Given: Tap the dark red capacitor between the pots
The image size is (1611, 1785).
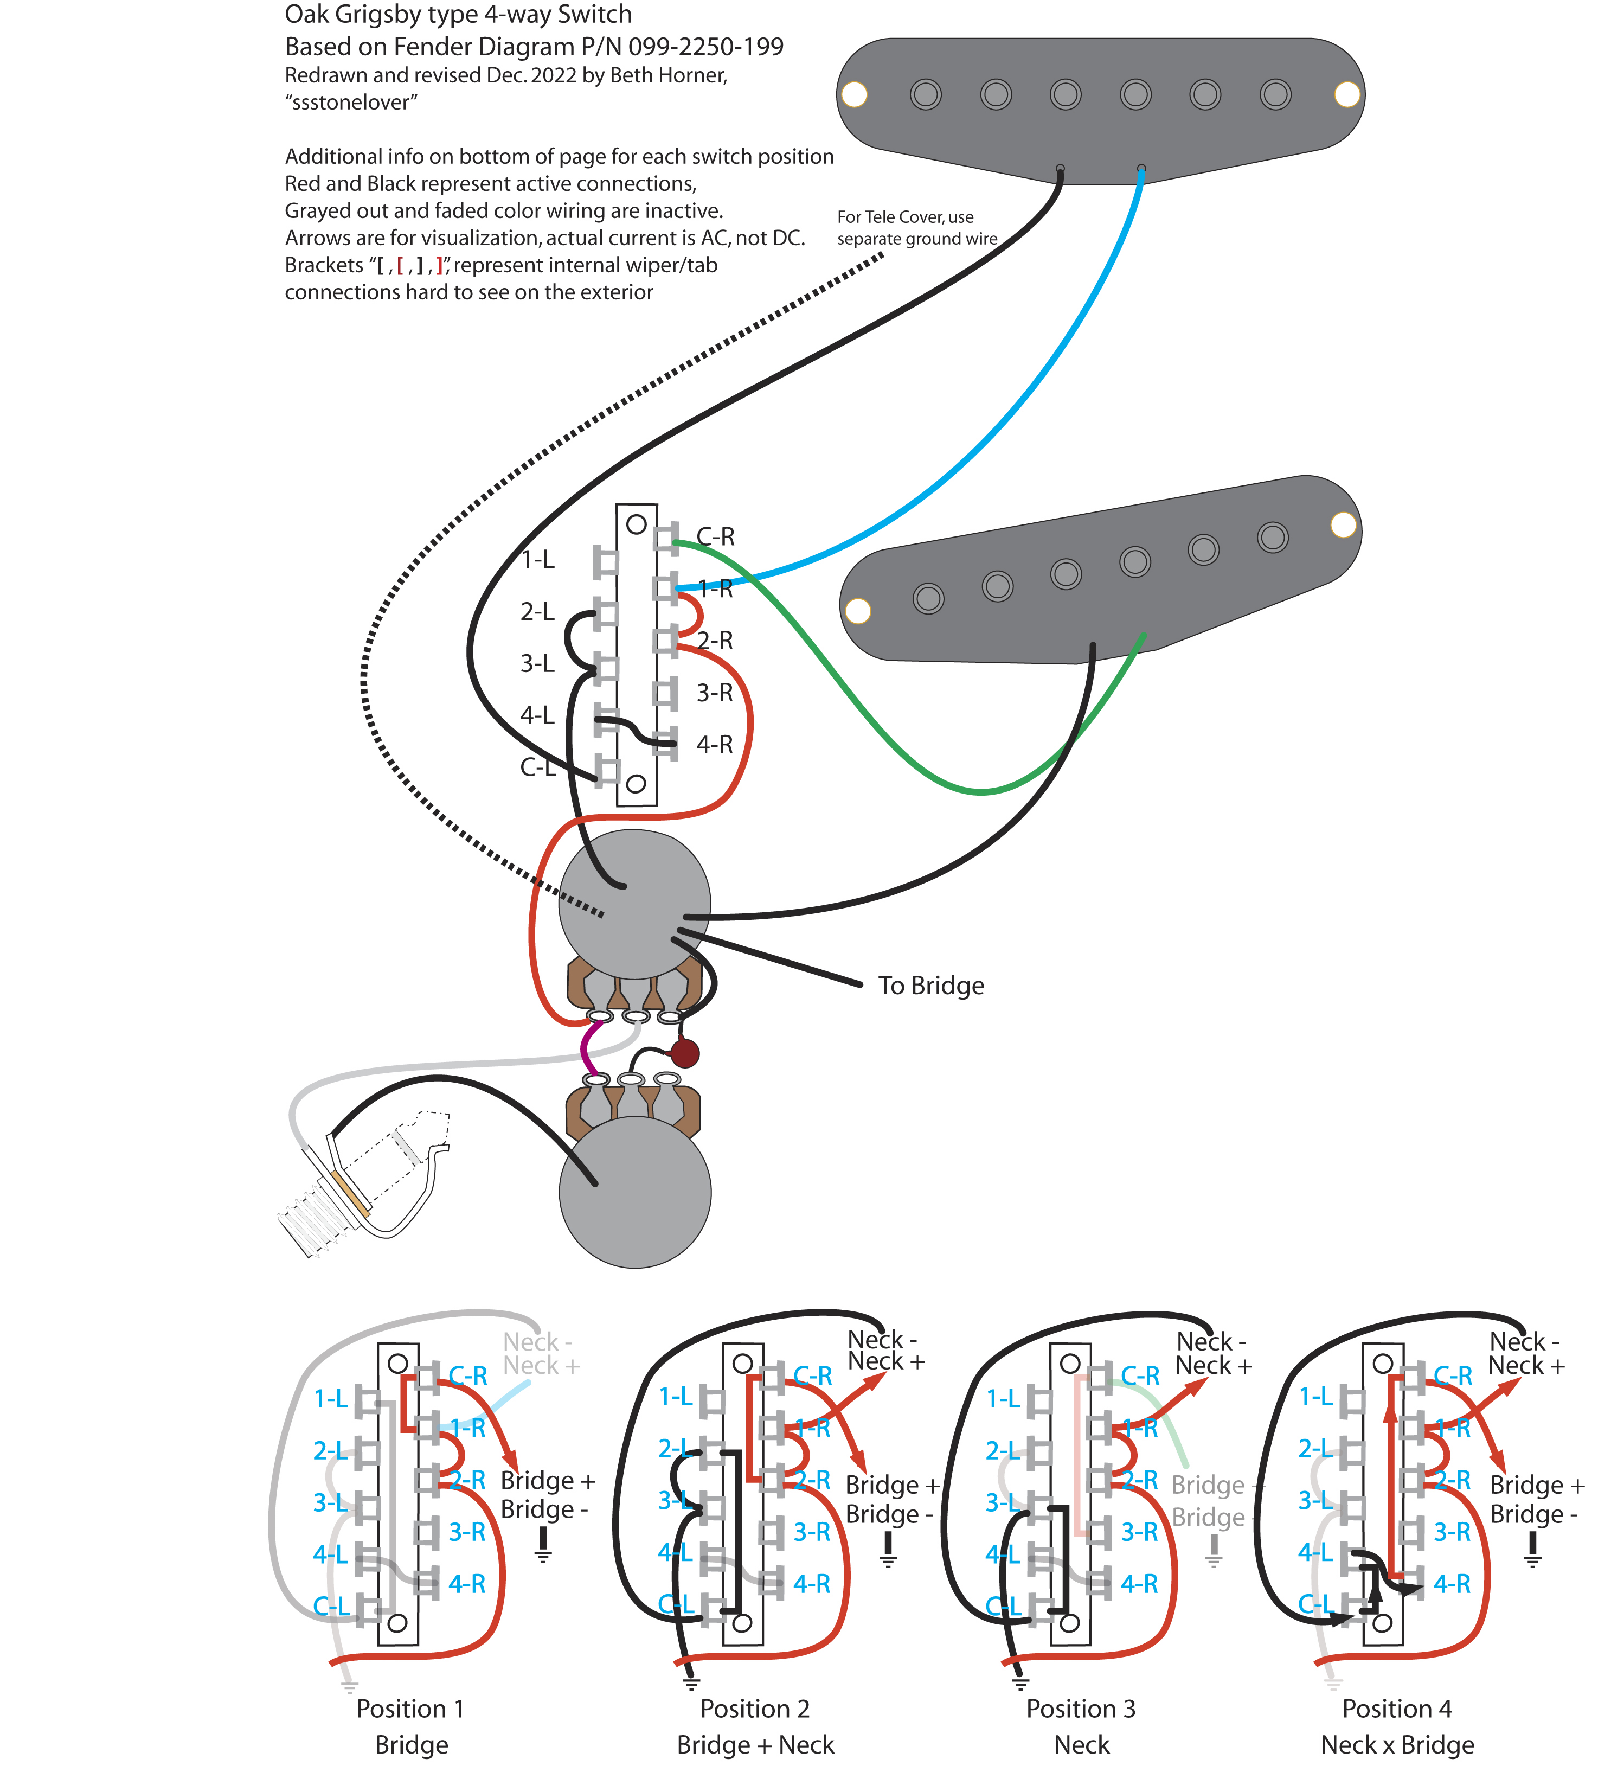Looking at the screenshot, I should (684, 1054).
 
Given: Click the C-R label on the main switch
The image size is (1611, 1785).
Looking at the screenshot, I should (715, 536).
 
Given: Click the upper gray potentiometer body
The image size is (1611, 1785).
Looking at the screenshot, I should (634, 903).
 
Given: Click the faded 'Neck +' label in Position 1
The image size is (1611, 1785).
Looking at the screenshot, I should (541, 1366).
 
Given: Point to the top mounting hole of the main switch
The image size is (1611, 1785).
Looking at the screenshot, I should (636, 524).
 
